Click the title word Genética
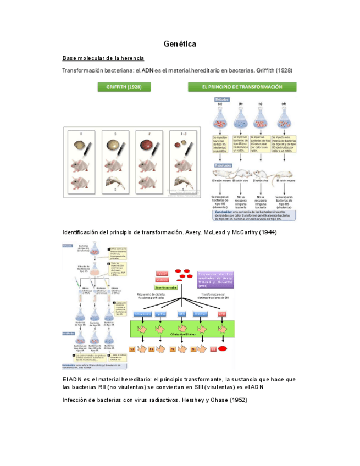180,43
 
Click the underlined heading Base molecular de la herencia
103,58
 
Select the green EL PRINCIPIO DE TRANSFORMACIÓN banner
242,87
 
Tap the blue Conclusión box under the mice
253,214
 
